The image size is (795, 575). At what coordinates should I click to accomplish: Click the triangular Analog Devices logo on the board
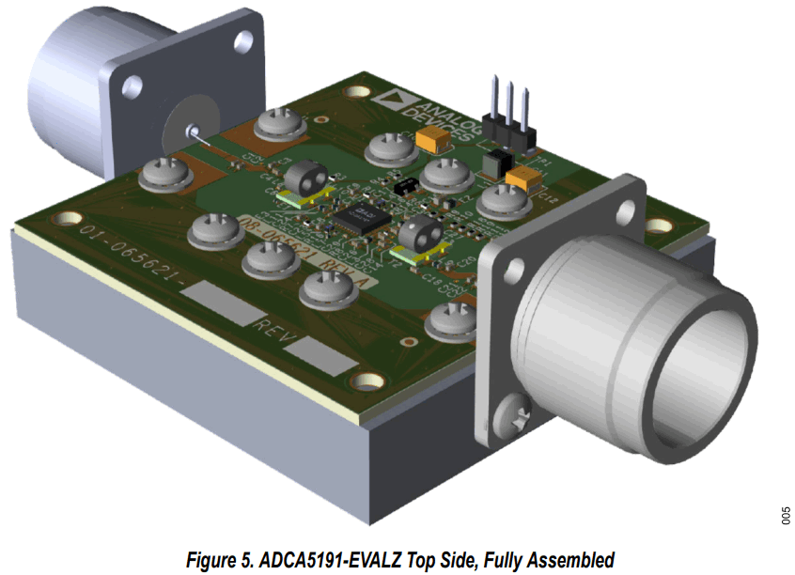point(388,98)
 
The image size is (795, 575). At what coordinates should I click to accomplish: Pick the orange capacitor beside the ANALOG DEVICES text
point(431,140)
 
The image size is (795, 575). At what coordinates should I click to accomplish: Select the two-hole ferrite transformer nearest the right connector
point(420,234)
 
